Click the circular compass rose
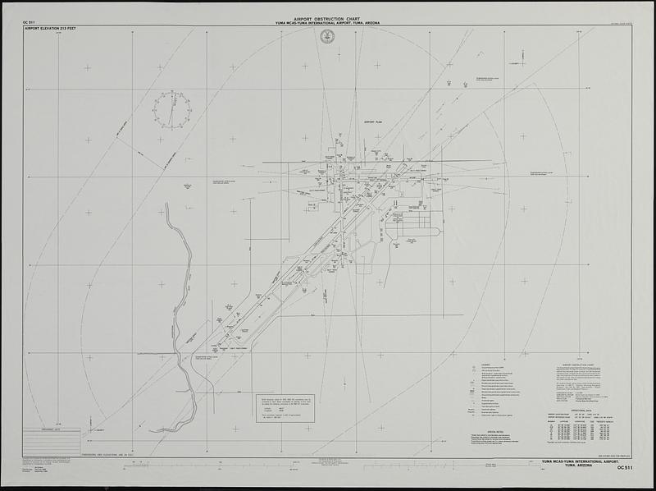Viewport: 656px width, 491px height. pos(171,109)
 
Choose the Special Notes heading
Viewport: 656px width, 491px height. pos(495,431)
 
